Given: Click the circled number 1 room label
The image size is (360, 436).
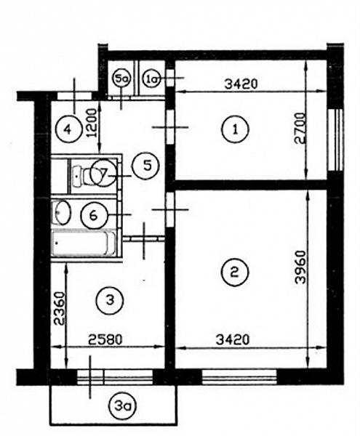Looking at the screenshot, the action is (x=236, y=129).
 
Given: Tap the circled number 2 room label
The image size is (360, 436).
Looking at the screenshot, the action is (x=236, y=272).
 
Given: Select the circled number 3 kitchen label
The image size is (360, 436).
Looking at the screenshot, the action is (x=110, y=300).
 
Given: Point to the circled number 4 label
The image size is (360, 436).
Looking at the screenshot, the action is (x=68, y=129).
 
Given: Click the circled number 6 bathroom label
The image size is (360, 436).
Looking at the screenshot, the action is (x=94, y=215).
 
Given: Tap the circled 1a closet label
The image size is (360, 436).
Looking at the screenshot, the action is (x=152, y=79).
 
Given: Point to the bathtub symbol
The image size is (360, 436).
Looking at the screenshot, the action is (x=84, y=243).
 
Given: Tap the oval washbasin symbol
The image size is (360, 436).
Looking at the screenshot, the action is (x=62, y=213).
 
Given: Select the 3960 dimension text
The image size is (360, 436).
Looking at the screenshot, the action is (x=300, y=267).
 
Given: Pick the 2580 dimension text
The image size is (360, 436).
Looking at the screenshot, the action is (x=105, y=339).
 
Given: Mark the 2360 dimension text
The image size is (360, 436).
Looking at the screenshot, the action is (x=59, y=308).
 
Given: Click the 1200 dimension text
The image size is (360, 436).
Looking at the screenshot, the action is (x=92, y=123).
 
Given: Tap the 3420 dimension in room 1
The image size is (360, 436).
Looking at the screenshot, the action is (x=241, y=84).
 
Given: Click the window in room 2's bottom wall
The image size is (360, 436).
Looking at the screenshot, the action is (x=239, y=377).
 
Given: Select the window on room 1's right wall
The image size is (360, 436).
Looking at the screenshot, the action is (x=335, y=140).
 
